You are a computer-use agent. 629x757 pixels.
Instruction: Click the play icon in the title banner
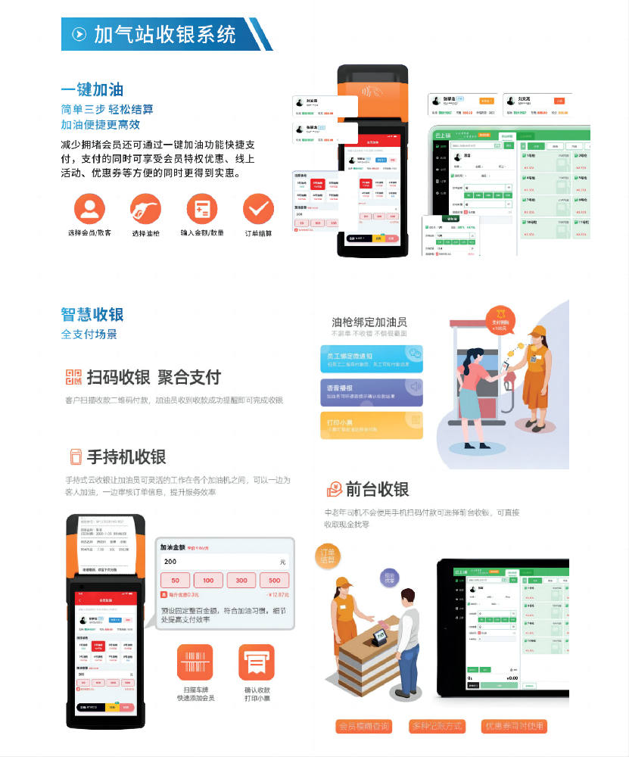[x=79, y=34]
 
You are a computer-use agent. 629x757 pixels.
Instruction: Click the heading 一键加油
[x=92, y=89]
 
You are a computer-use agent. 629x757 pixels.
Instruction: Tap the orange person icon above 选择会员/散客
[x=90, y=207]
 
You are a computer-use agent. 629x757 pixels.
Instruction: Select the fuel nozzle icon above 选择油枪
[x=146, y=207]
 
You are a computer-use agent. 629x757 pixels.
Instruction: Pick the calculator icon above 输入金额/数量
[x=202, y=207]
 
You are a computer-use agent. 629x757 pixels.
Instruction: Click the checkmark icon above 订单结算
[x=258, y=207]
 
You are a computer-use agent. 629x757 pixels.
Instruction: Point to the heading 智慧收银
[x=92, y=314]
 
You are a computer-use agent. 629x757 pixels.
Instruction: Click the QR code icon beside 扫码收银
[x=73, y=377]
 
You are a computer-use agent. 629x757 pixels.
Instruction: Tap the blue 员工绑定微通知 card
[x=372, y=357]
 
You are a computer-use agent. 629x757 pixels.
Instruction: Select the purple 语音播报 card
[x=372, y=391]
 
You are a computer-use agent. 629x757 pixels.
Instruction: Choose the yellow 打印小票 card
[x=372, y=425]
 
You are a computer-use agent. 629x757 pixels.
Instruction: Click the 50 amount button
[x=175, y=581]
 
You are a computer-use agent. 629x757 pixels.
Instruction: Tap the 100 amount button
[x=208, y=581]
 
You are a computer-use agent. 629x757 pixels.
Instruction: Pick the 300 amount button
[x=241, y=581]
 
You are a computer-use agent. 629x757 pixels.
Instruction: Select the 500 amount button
[x=274, y=581]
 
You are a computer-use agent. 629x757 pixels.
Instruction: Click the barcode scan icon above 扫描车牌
[x=195, y=662]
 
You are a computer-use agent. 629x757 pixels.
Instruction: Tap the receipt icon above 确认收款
[x=257, y=662]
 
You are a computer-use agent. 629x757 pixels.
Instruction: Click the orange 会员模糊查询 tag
[x=364, y=726]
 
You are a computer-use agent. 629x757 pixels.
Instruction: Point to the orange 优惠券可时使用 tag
[x=514, y=726]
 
